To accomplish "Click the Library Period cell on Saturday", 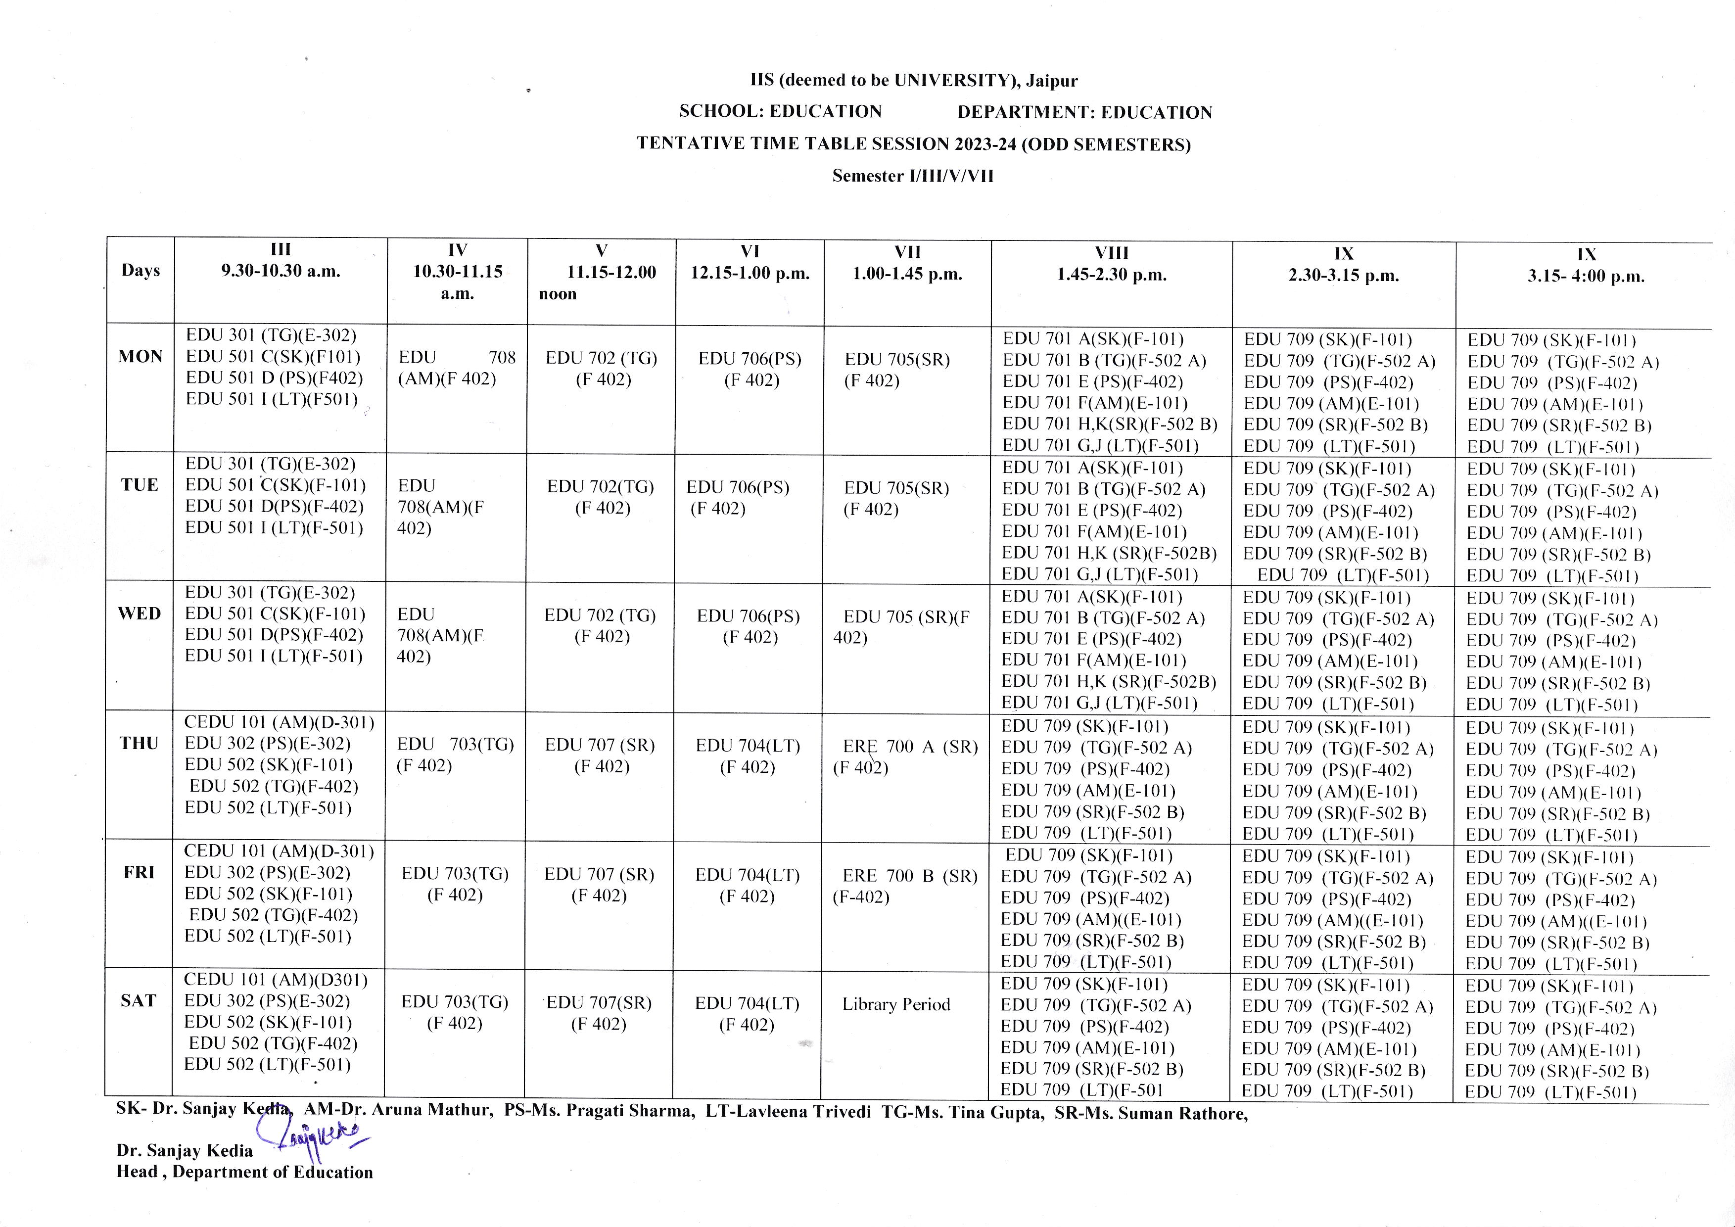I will point(896,1005).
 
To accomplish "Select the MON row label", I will point(141,357).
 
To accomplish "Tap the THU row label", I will point(139,744).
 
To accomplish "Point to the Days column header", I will point(141,271).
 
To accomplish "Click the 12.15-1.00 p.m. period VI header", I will point(750,263).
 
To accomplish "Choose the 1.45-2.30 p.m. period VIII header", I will point(1112,264).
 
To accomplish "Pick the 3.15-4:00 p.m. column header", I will point(1586,265).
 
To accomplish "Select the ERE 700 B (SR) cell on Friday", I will point(905,886).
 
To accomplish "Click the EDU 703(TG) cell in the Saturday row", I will point(455,1012).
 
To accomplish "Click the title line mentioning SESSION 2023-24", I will point(914,143).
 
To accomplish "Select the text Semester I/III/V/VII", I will point(913,176).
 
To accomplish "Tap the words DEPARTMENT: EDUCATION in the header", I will point(1084,113).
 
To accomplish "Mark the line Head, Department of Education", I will point(245,1172).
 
